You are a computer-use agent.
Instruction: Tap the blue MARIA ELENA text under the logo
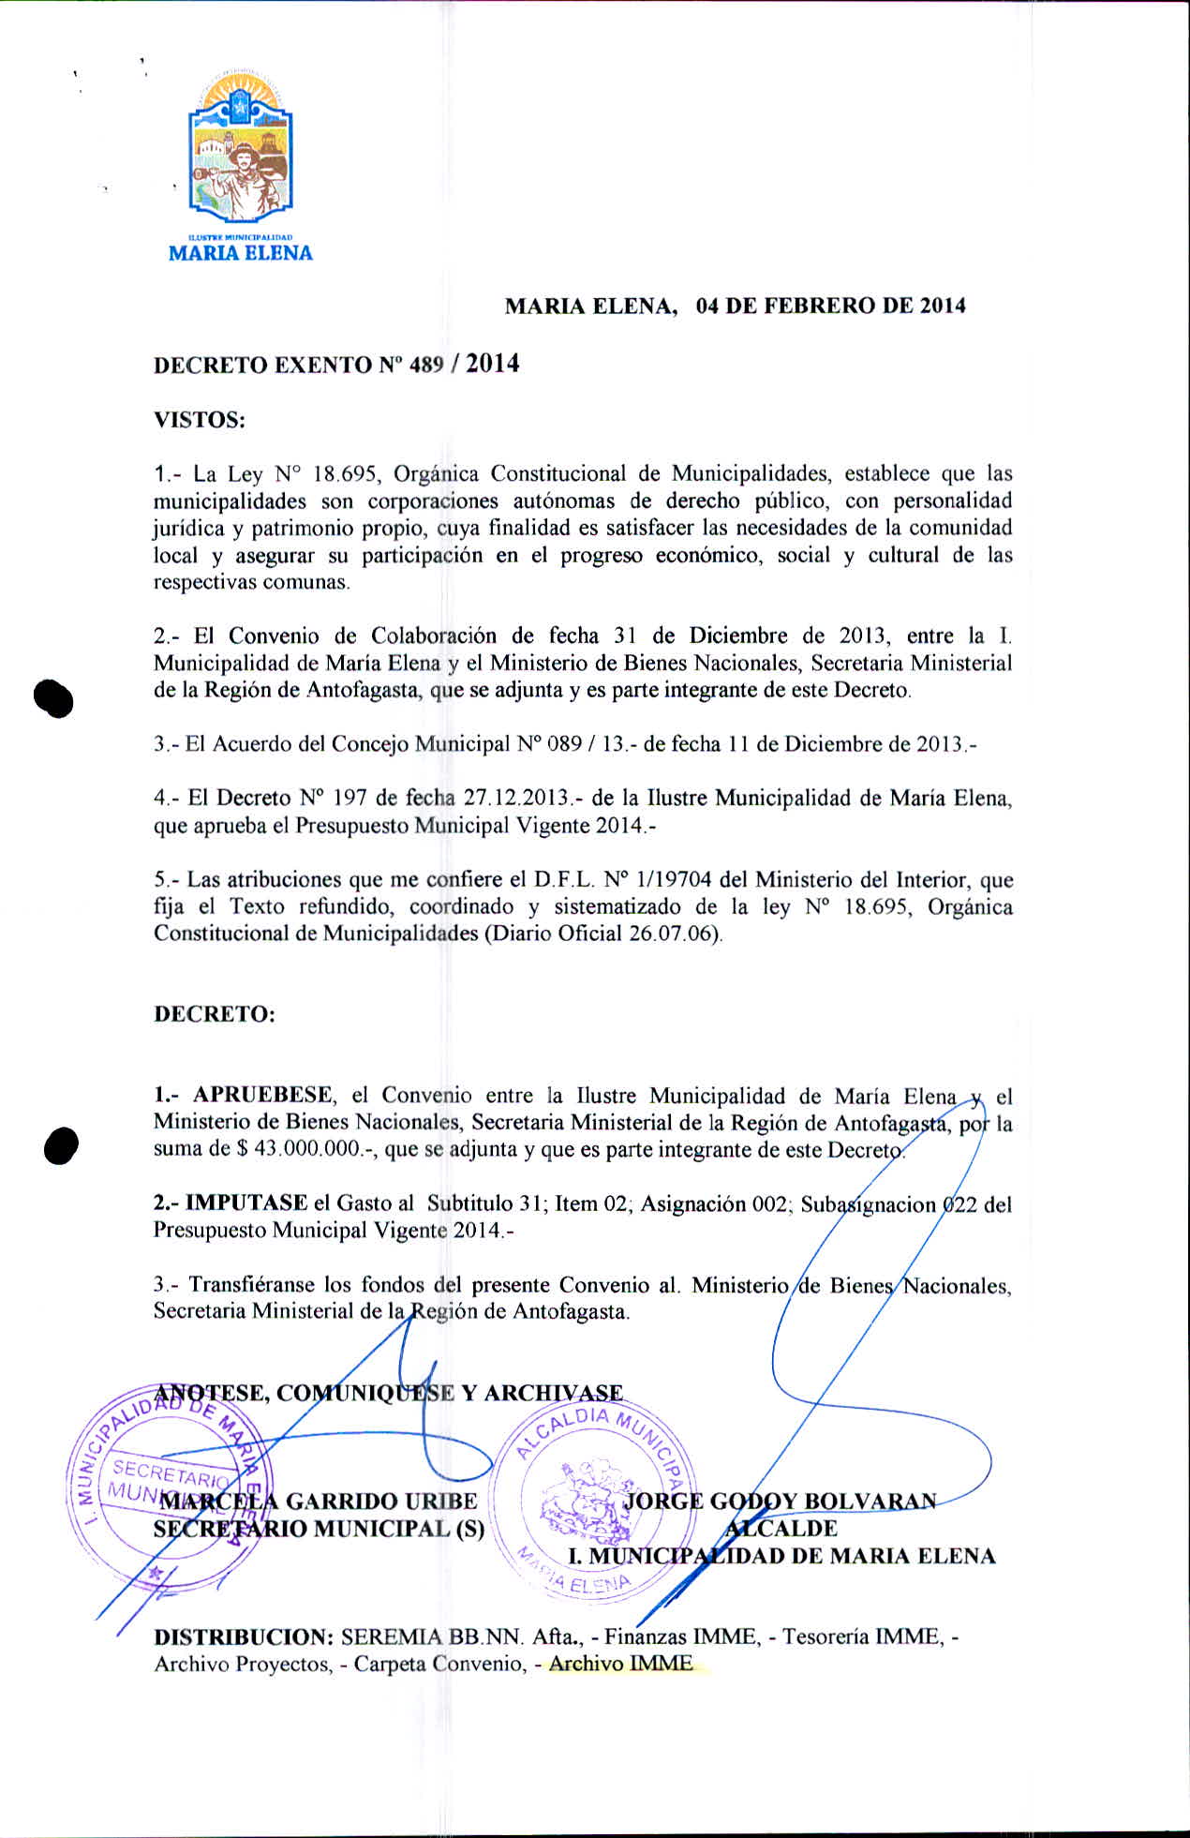coord(240,253)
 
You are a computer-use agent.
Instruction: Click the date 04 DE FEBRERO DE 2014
coord(830,306)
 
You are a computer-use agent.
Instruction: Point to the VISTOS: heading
coord(200,420)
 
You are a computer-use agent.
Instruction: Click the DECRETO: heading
coord(215,1015)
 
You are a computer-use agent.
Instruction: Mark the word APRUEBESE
coord(262,1096)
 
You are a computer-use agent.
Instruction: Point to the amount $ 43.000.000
coord(300,1150)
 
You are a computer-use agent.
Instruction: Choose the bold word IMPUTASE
coord(246,1203)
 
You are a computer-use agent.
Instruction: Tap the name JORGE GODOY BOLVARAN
coord(780,1502)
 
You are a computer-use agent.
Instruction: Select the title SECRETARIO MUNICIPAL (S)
coord(319,1530)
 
